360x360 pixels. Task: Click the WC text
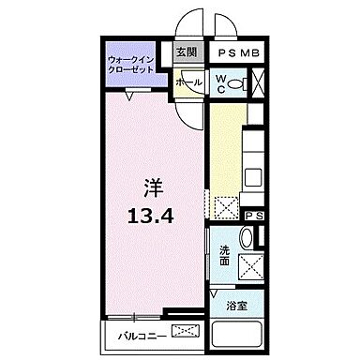pyautogui.click(x=219, y=82)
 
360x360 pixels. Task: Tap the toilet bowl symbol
pyautogui.click(x=237, y=83)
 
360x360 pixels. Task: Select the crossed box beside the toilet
pyautogui.click(x=258, y=83)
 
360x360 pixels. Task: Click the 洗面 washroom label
pyautogui.click(x=225, y=254)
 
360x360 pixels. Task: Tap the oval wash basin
pyautogui.click(x=245, y=239)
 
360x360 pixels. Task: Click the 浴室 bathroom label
pyautogui.click(x=236, y=306)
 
